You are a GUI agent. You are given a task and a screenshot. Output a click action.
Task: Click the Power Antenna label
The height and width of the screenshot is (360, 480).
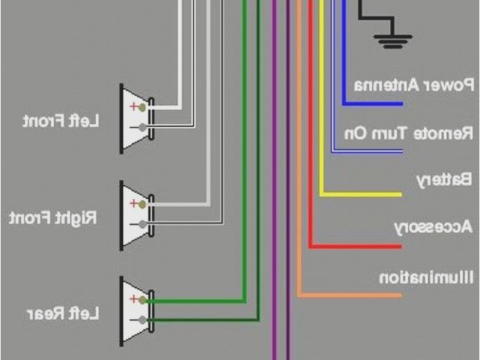pos(414,84)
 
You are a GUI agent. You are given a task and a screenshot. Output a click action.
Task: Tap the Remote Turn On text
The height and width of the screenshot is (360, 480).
pos(409,133)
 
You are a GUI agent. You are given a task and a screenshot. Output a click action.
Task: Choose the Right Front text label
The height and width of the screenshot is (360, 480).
pos(53,218)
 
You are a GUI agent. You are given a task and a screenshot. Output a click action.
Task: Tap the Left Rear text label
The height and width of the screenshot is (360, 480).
pos(62,313)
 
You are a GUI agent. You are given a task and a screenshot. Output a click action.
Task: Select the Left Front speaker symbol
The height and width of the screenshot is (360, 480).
pos(136,118)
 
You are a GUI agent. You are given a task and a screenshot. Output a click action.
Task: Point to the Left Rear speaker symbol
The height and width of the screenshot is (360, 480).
pos(136,310)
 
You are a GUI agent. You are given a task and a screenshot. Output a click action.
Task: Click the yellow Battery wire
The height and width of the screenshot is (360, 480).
pos(360,194)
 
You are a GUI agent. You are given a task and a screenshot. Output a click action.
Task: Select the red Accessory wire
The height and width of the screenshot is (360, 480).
pos(352,245)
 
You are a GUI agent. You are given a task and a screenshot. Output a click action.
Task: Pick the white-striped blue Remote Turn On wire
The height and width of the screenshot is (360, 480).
pos(367,151)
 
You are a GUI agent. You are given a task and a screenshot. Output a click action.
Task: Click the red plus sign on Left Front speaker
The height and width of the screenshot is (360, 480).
pos(134,107)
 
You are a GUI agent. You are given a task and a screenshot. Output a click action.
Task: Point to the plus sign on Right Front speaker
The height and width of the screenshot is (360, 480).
pos(134,203)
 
